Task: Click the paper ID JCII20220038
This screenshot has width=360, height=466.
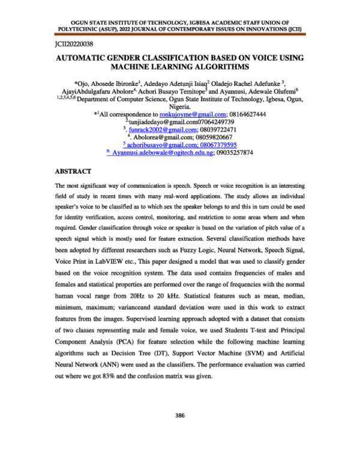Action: (x=71, y=44)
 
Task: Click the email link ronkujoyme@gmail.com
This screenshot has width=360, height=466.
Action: (x=192, y=114)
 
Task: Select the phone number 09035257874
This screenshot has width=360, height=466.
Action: (x=236, y=153)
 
